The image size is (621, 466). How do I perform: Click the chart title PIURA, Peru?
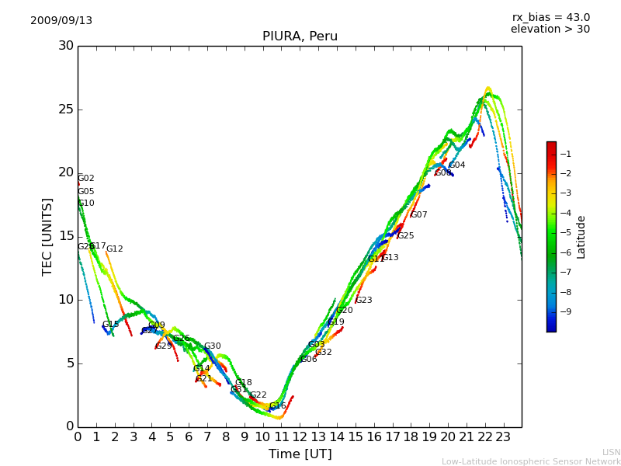pos(300,37)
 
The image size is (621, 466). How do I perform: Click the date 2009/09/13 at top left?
pos(61,21)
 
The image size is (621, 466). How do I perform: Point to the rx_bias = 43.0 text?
pos(550,18)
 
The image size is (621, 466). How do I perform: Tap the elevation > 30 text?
pos(550,30)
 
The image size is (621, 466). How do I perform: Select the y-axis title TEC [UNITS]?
pos(48,236)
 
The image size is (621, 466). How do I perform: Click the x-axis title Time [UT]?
pos(300,454)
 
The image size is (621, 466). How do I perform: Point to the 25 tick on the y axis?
pos(66,110)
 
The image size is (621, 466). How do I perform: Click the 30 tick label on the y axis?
pos(66,46)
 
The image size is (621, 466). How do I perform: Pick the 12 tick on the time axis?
pos(300,436)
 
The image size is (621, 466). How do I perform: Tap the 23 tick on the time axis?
pos(503,436)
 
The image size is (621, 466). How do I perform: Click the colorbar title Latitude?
pos(581,236)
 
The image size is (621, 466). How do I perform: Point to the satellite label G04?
pos(457,165)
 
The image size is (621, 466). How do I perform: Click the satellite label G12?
pos(115,249)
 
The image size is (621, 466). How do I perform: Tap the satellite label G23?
pos(364,301)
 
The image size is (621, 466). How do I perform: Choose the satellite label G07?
pos(419,215)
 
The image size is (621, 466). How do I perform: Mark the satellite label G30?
pos(213,346)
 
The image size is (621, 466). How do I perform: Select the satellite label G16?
pos(278,406)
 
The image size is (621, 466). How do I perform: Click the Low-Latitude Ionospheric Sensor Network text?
pos(531,461)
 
